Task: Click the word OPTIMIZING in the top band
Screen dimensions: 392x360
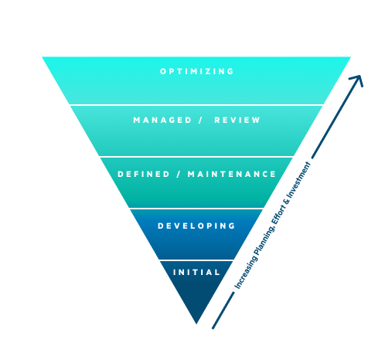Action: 196,71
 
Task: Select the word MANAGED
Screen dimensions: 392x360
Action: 162,120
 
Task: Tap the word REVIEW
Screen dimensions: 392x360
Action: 237,120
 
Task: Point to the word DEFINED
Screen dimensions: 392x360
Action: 144,174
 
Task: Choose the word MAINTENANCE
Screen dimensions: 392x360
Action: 232,174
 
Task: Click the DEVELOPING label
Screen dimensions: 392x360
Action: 196,226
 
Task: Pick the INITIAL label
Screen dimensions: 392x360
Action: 196,272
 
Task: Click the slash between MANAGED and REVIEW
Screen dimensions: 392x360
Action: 200,120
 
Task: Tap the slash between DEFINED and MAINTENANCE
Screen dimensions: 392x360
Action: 179,174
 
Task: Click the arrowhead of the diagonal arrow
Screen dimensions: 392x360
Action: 358,80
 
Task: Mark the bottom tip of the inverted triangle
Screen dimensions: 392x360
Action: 196,324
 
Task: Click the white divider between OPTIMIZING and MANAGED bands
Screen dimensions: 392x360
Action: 196,105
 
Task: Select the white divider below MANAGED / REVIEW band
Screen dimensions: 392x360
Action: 196,157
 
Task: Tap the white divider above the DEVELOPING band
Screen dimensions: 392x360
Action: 196,208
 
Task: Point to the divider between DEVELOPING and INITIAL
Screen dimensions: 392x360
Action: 196,260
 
